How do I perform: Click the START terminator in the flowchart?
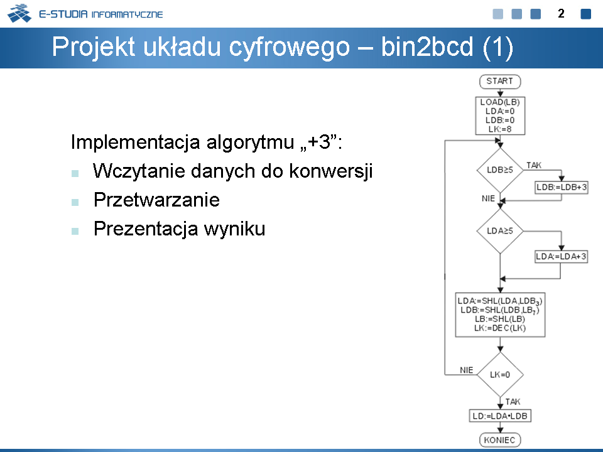(500, 82)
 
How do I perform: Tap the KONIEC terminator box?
(500, 439)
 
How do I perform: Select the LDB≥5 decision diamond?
(500, 170)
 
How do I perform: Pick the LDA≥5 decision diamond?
(500, 231)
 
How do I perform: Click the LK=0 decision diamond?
(500, 374)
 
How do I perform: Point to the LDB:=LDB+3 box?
(562, 188)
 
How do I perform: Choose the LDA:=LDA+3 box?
(562, 256)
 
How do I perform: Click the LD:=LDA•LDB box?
(500, 416)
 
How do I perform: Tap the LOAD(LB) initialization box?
(500, 116)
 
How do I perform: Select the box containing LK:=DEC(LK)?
(500, 315)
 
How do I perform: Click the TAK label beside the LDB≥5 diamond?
(534, 165)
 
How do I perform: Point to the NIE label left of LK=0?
(467, 370)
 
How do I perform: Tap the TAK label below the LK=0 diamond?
(513, 402)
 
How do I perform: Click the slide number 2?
(561, 14)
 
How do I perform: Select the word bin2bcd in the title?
(427, 47)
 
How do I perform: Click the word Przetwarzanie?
(156, 200)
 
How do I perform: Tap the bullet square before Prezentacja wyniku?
(75, 231)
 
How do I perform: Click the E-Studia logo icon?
(19, 13)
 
